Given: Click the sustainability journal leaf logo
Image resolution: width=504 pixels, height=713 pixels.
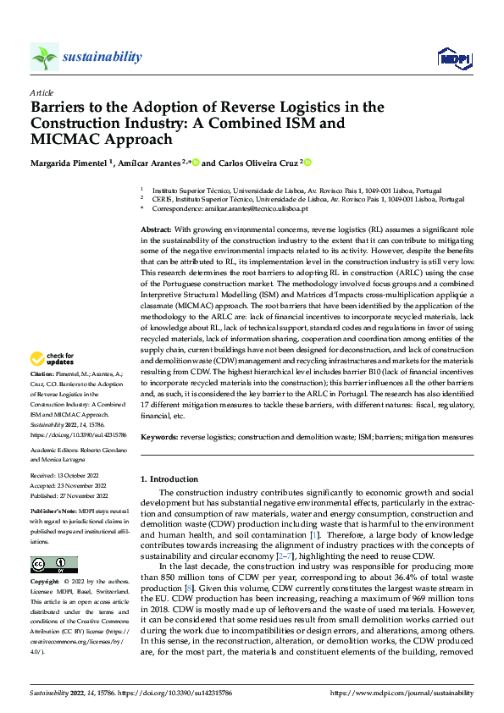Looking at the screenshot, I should [x=44, y=57].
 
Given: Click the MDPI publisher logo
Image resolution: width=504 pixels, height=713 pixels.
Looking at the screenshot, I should [x=452, y=58].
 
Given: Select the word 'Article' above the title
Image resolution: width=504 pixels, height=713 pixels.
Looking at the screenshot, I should [x=42, y=92].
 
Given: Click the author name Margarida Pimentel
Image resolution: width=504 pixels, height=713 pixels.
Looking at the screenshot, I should [x=70, y=163].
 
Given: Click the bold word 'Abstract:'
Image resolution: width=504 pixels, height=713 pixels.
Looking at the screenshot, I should [x=156, y=230].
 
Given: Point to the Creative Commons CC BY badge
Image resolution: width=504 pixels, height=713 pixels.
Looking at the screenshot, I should [x=53, y=564].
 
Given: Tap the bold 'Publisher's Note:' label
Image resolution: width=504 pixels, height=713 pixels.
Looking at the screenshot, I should [x=53, y=514].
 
